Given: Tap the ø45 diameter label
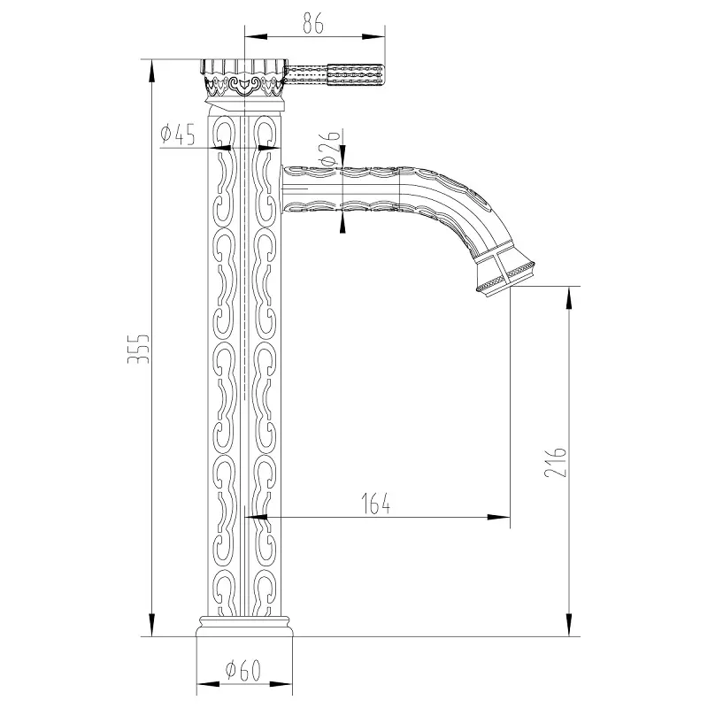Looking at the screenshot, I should (177, 135).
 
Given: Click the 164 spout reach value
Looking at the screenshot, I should (375, 504).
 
